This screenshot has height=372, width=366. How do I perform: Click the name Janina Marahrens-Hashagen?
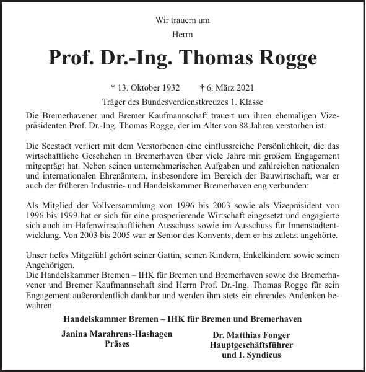tap(117, 334)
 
